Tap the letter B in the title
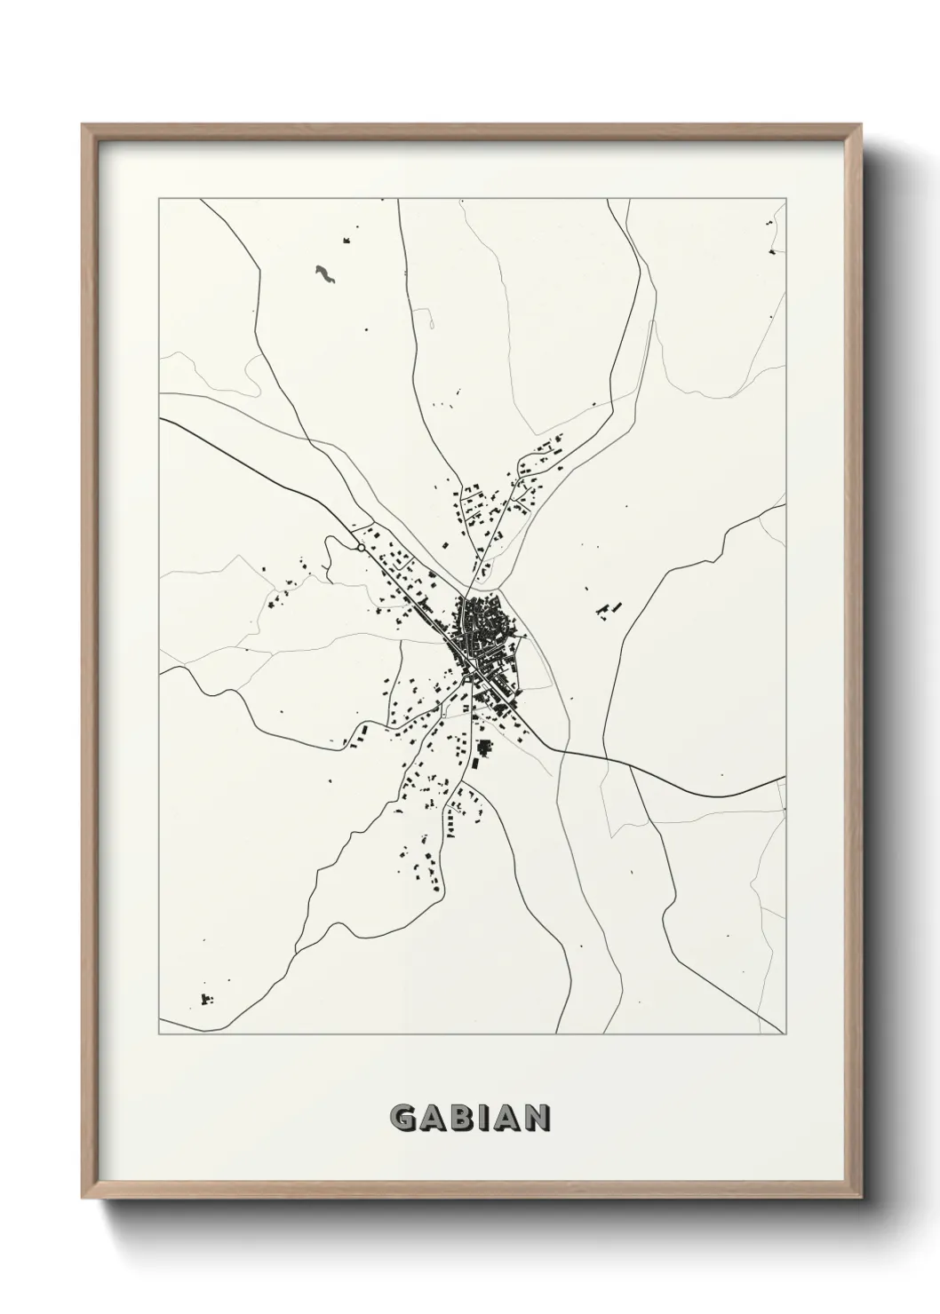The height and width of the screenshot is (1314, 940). tap(461, 1119)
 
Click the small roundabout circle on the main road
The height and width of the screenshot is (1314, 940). tap(360, 548)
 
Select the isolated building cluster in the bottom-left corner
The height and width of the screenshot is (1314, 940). tap(208, 1000)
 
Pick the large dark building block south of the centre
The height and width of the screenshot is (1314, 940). tap(484, 751)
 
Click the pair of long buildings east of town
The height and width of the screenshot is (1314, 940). tap(609, 609)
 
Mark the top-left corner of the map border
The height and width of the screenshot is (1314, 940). tap(159, 200)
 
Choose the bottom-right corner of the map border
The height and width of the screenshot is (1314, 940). tap(785, 1034)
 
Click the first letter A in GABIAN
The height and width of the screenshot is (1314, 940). tap(433, 1119)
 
